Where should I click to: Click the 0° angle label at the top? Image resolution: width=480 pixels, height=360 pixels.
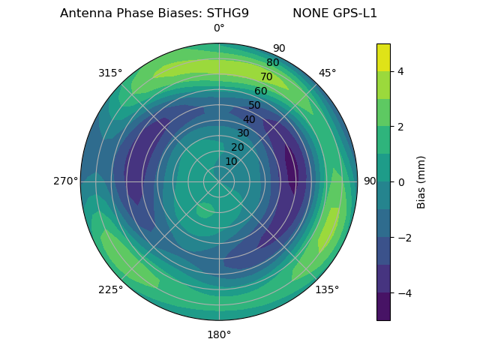[x=219, y=28]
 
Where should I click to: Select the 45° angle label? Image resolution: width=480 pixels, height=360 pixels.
[x=327, y=73]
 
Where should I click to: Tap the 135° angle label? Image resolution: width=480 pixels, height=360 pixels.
[x=327, y=289]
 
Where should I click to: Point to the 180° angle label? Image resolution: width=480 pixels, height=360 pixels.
[x=219, y=334]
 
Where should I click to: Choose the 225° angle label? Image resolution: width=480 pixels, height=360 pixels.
[x=110, y=289]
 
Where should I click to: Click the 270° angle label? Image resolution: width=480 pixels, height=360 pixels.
[x=65, y=181]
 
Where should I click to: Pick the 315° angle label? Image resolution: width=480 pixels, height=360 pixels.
[x=110, y=73]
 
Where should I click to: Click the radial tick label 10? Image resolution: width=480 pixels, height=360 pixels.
[x=231, y=161]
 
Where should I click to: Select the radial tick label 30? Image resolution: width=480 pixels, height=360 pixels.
[x=243, y=133]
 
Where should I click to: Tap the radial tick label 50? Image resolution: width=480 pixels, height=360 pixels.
[x=255, y=105]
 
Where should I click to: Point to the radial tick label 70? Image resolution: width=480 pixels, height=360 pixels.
[x=266, y=76]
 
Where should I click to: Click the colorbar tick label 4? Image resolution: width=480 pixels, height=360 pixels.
[x=400, y=71]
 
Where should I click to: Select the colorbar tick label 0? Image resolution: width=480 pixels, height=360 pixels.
[x=400, y=181]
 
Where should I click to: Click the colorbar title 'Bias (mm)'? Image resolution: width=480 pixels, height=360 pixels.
[x=421, y=181]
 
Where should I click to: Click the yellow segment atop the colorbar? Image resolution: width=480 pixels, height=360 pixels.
[x=383, y=57]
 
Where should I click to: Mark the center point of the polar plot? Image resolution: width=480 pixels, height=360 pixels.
[x=219, y=181]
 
